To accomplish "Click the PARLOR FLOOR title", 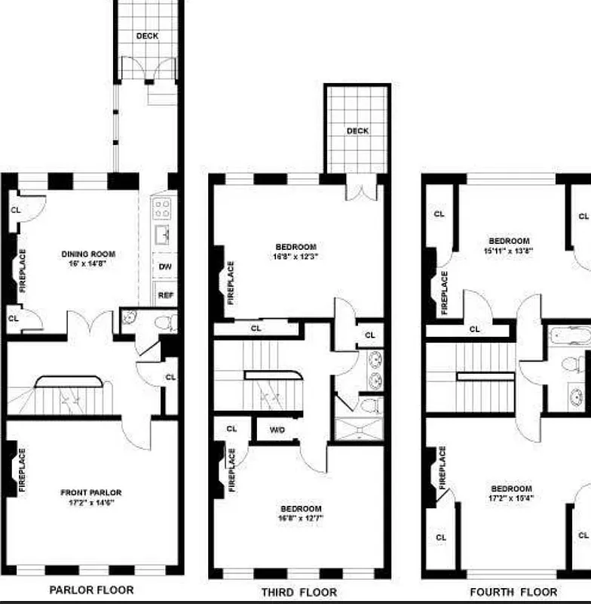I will (x=91, y=590).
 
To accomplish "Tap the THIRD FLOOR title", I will (x=299, y=592).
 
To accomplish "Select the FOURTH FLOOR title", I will (x=513, y=592).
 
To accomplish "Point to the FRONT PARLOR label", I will (x=90, y=492).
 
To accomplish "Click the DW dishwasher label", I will (x=165, y=267).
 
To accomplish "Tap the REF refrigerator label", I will (x=165, y=295).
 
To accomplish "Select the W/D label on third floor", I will (x=277, y=431).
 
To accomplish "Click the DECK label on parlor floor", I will (x=147, y=35).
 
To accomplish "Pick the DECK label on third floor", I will (x=357, y=131).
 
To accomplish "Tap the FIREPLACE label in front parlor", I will (x=22, y=470).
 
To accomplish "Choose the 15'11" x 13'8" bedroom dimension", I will (x=508, y=251).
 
